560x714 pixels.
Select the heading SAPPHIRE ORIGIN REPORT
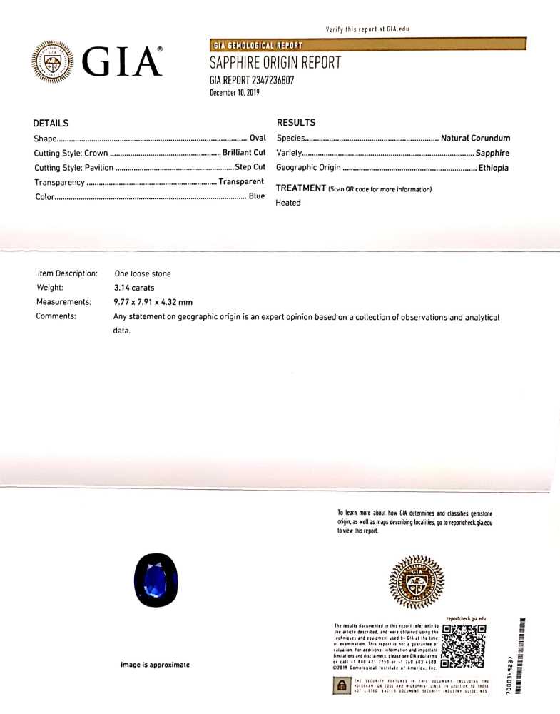pyautogui.click(x=275, y=63)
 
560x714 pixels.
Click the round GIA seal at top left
pyautogui.click(x=51, y=61)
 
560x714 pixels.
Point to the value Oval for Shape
pyautogui.click(x=257, y=138)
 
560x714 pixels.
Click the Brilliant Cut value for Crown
pyautogui.click(x=243, y=153)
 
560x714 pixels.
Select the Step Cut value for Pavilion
pyautogui.click(x=250, y=167)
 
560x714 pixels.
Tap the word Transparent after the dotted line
pyautogui.click(x=241, y=182)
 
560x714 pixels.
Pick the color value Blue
pyautogui.click(x=256, y=196)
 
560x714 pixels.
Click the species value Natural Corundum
pyautogui.click(x=475, y=138)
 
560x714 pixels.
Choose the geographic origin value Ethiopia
pyautogui.click(x=494, y=168)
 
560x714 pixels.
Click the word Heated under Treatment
pyautogui.click(x=288, y=203)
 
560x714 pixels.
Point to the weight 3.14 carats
pyautogui.click(x=135, y=288)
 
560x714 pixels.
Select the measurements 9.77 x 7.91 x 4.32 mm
pyautogui.click(x=153, y=302)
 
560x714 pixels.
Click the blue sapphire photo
pyautogui.click(x=156, y=580)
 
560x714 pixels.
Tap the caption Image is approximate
pyautogui.click(x=155, y=665)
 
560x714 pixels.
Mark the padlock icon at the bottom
pyautogui.click(x=342, y=685)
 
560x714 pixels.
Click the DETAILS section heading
pyautogui.click(x=51, y=123)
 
